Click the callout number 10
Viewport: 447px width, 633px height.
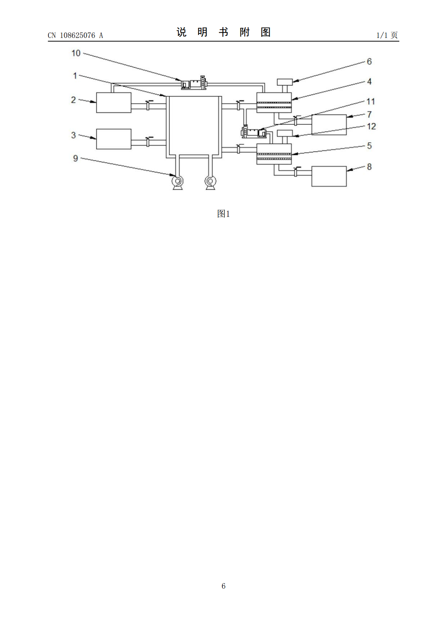76,53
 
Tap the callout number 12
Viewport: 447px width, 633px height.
371,126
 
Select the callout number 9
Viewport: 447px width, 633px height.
76,158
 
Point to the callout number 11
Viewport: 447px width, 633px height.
370,101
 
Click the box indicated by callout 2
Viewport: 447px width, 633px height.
114,103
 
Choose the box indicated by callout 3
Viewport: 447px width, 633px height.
114,139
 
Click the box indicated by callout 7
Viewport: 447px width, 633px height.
329,125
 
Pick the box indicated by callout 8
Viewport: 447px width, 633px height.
329,176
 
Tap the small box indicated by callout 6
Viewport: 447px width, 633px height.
285,82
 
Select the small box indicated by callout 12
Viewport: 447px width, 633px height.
285,133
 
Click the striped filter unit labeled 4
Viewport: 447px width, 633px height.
274,103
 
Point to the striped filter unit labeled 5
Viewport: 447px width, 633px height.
274,154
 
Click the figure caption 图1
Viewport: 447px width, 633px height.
223,214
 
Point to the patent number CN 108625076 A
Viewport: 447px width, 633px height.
76,35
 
